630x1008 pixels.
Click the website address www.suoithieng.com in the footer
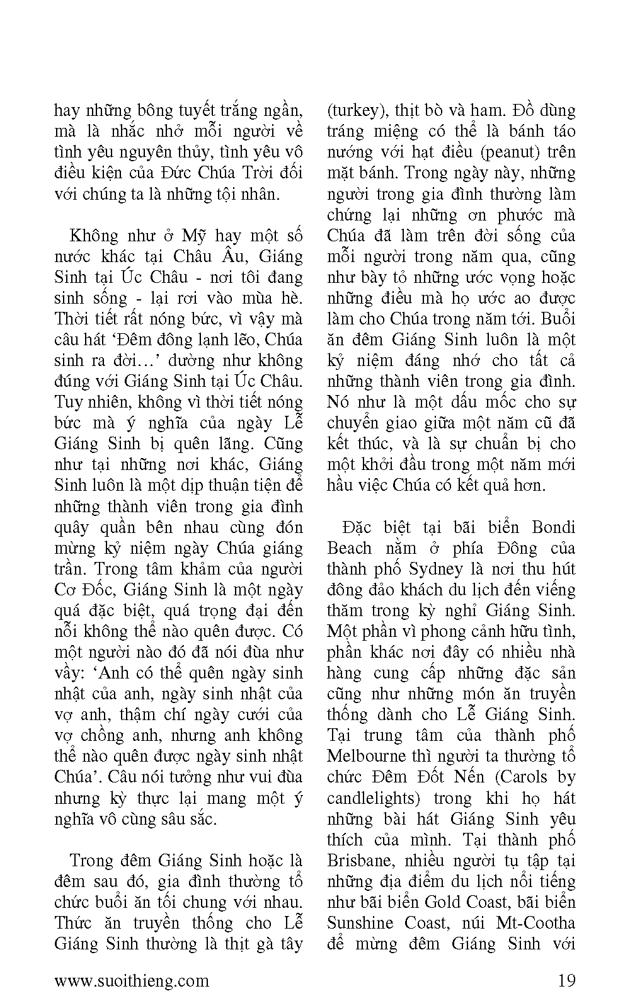pos(132,980)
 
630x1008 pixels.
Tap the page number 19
pos(566,980)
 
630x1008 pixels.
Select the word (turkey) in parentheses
pos(357,111)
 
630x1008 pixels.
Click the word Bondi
pos(553,527)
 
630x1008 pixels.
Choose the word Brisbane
pos(358,861)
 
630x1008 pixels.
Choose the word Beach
pos(349,548)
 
